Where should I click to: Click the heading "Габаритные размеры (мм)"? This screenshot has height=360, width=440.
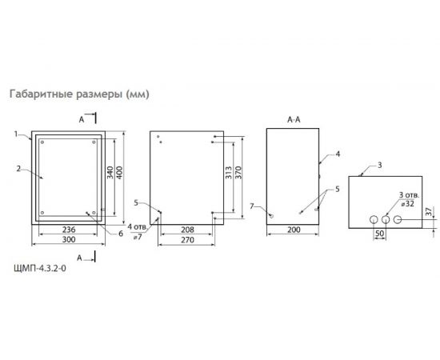tap(78, 94)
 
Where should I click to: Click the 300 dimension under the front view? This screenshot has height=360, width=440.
tap(69, 239)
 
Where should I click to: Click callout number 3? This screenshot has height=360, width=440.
tap(380, 164)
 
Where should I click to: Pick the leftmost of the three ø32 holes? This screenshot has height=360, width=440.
tap(372, 219)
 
